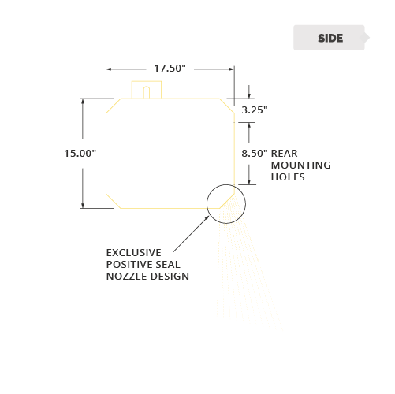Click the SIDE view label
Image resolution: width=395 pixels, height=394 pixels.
coord(330,38)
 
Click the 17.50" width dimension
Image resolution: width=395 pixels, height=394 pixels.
coord(170,69)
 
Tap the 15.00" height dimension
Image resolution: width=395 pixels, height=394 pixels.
coord(80,154)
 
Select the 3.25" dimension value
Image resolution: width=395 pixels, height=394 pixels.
coord(255,110)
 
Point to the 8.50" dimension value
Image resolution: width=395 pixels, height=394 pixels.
coord(255,154)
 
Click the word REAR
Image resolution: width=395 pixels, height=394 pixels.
coord(284,154)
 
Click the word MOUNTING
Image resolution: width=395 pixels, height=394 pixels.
coord(301,165)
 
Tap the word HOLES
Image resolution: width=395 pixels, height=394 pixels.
coord(288,177)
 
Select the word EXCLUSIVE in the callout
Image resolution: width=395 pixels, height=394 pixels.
coord(134,253)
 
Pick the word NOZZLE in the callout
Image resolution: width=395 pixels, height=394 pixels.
coord(123,277)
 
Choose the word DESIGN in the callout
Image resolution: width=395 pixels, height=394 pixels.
coord(166,277)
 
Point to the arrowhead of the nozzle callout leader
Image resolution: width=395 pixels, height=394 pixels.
coord(207,217)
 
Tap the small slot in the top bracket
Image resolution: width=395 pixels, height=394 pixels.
coord(147,92)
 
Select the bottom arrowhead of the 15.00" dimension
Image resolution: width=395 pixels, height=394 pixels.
coord(83,206)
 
